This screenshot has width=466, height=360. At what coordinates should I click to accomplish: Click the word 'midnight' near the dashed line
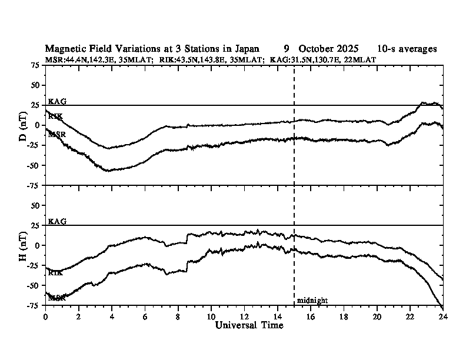pyautogui.click(x=312, y=301)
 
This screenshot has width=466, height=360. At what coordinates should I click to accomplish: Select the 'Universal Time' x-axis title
pyautogui.click(x=249, y=325)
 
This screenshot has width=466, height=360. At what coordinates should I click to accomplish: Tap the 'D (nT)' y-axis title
pyautogui.click(x=24, y=125)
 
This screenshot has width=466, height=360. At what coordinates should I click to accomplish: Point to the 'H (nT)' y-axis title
pyautogui.click(x=24, y=245)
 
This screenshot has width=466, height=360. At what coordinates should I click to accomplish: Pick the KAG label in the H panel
pyautogui.click(x=57, y=222)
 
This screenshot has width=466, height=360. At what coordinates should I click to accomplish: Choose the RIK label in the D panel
pyautogui.click(x=55, y=116)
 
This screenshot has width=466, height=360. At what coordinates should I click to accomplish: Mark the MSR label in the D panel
pyautogui.click(x=56, y=135)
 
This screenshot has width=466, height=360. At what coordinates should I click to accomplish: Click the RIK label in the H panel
pyautogui.click(x=55, y=273)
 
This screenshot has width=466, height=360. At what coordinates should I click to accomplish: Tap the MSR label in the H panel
pyautogui.click(x=56, y=298)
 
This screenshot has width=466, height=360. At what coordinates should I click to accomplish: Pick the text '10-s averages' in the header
pyautogui.click(x=407, y=49)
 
